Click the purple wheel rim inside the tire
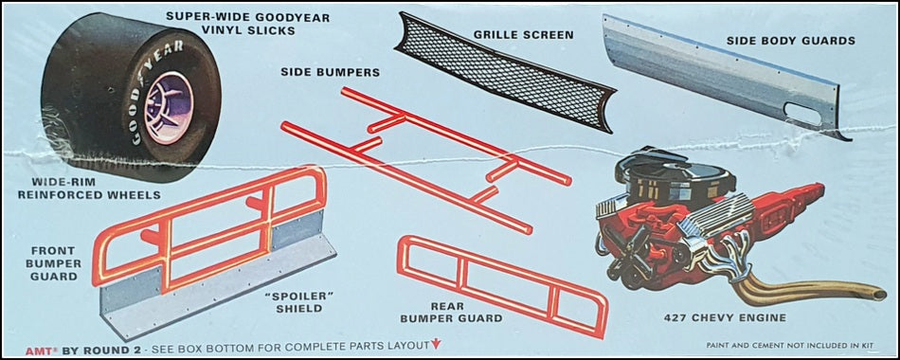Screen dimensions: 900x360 point(169,107)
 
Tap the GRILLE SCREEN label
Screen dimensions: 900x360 point(523,34)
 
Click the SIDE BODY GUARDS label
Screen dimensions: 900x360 point(790,41)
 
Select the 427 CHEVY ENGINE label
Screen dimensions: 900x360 point(725,317)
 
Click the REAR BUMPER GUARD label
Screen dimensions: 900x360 point(451,313)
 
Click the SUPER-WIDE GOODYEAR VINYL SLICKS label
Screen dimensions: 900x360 point(248,24)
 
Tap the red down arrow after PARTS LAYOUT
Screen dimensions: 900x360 point(436,345)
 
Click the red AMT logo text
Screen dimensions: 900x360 point(36,349)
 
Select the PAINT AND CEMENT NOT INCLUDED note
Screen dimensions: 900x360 point(790,346)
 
